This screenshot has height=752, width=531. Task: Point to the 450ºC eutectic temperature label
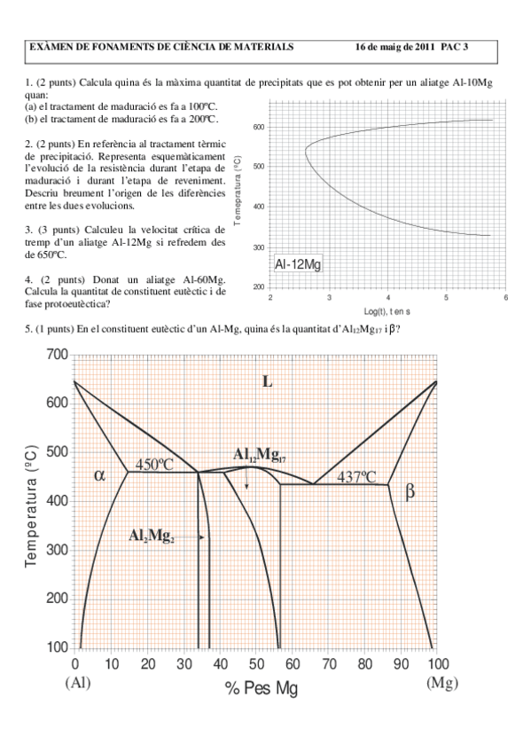coord(155,463)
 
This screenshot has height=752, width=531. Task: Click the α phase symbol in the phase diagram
coord(99,474)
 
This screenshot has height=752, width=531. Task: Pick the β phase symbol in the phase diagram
coord(410,491)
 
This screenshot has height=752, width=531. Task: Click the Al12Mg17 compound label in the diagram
coord(259,456)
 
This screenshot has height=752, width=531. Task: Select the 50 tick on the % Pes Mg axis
coord(255,663)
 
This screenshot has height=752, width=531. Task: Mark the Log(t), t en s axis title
coord(388,312)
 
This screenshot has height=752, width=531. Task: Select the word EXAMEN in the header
coord(55,46)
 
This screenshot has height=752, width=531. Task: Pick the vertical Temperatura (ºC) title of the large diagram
coord(32,501)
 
